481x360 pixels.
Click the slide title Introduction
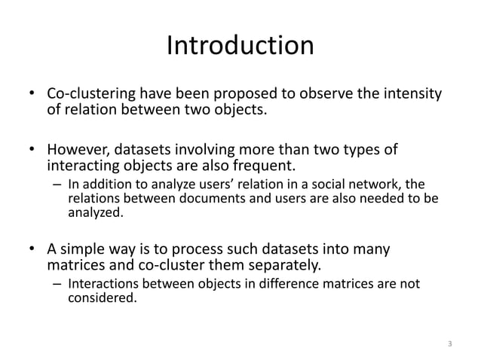[240, 47]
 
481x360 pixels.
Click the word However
[78, 150]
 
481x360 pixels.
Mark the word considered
[102, 298]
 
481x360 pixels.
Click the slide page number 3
[449, 345]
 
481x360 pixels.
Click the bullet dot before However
[32, 150]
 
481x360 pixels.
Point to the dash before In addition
[57, 186]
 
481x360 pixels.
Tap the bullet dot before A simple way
[32, 249]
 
